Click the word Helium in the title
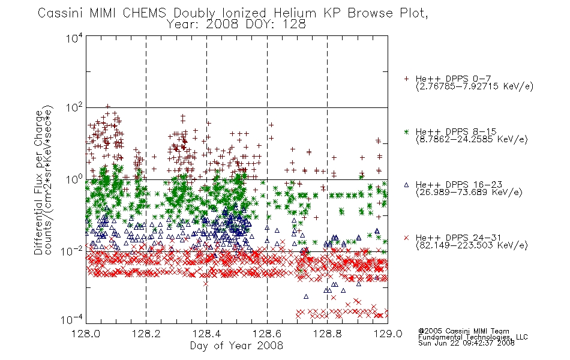(295, 13)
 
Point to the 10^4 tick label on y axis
(74, 38)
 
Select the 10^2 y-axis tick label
(74, 108)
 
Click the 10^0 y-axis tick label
(74, 179)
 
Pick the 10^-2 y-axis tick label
(73, 251)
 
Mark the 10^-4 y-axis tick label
(71, 320)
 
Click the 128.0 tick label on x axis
(86, 334)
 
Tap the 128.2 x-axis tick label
(146, 334)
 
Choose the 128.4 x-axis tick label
(206, 334)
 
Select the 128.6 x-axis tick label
(267, 334)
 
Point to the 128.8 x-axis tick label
(327, 334)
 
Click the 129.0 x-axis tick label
(388, 334)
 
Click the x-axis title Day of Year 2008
(236, 346)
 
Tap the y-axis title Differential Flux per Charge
(39, 182)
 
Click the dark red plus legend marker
(406, 79)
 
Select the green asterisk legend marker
(406, 131)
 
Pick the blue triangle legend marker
(406, 185)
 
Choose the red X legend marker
(406, 238)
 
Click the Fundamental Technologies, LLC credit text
(473, 337)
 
